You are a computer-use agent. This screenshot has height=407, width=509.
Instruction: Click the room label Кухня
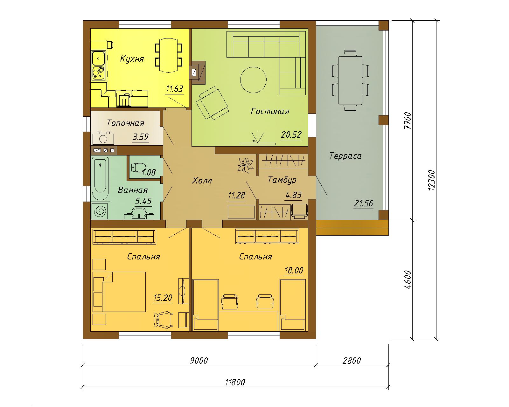pos(132,59)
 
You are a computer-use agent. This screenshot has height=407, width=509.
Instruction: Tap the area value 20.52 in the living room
pos(291,135)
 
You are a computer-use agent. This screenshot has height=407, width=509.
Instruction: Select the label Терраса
pos(345,156)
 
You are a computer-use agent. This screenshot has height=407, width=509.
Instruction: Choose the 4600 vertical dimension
pos(408,279)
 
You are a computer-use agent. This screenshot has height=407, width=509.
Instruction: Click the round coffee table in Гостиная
pos(253,80)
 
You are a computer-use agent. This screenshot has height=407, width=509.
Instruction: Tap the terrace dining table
pos(350,80)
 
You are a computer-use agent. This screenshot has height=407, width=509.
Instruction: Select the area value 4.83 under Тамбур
pos(294,195)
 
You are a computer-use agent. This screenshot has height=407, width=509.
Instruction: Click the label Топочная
pos(125,123)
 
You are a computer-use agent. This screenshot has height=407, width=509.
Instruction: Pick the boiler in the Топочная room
pos(103,138)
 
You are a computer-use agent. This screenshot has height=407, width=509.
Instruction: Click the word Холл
pos(202,181)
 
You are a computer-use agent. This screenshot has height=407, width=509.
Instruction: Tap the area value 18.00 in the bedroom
pos(294,270)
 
